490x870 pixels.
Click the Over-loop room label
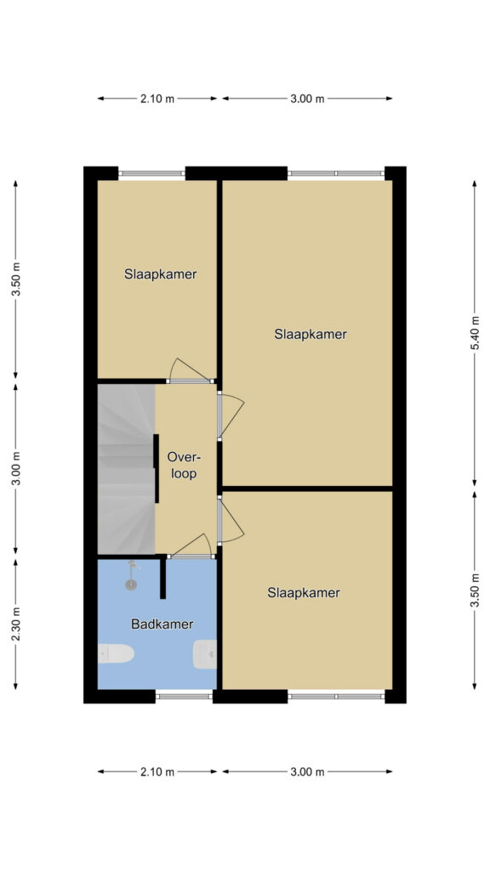pyautogui.click(x=184, y=466)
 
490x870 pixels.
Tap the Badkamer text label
pyautogui.click(x=162, y=624)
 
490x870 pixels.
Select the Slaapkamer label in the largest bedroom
pyautogui.click(x=311, y=335)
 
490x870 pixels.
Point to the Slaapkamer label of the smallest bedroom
pyautogui.click(x=161, y=274)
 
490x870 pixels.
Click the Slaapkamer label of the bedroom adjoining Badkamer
pyautogui.click(x=304, y=592)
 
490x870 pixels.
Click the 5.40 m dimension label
pyautogui.click(x=475, y=333)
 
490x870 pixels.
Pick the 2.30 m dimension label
pyautogui.click(x=16, y=624)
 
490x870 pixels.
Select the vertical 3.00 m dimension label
pyautogui.click(x=16, y=468)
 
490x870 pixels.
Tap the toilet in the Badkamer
pyautogui.click(x=116, y=653)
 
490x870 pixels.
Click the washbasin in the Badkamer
pyautogui.click(x=205, y=654)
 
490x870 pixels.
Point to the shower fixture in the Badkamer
pyautogui.click(x=132, y=576)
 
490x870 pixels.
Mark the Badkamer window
pyautogui.click(x=184, y=697)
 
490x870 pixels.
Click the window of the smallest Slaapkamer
pyautogui.click(x=151, y=173)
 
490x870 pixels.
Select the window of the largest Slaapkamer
pyautogui.click(x=336, y=173)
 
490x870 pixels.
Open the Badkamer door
pyautogui.click(x=190, y=546)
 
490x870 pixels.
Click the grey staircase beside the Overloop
pyautogui.click(x=126, y=469)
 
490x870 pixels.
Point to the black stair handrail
pyautogui.click(x=157, y=468)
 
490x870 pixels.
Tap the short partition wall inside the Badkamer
pyautogui.click(x=162, y=578)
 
